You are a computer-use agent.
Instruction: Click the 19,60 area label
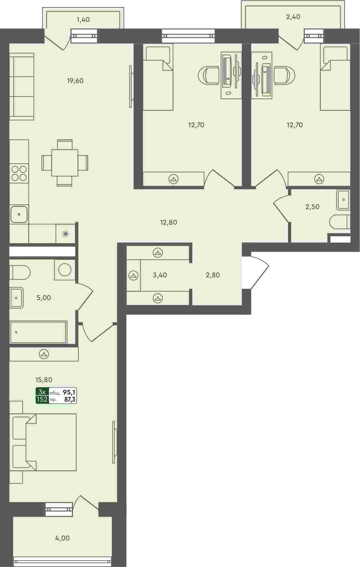(75, 81)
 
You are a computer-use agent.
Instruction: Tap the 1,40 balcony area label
(83, 20)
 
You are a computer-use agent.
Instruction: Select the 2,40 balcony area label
(293, 17)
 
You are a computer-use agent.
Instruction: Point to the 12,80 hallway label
(169, 222)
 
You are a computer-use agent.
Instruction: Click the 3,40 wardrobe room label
(160, 275)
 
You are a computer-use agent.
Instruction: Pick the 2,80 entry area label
(213, 275)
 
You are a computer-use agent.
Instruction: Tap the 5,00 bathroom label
(44, 298)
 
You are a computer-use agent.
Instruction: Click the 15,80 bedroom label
(44, 380)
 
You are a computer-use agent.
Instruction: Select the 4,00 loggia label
(62, 538)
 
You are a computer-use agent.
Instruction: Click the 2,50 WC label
(312, 207)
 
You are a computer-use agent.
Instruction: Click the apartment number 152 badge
(42, 400)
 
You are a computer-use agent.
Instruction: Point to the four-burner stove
(19, 173)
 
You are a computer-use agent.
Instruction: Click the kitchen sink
(19, 214)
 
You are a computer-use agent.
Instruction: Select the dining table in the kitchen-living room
(65, 163)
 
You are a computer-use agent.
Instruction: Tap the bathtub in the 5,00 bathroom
(38, 332)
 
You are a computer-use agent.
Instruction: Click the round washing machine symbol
(65, 270)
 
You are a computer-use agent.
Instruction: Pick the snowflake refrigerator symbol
(66, 234)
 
